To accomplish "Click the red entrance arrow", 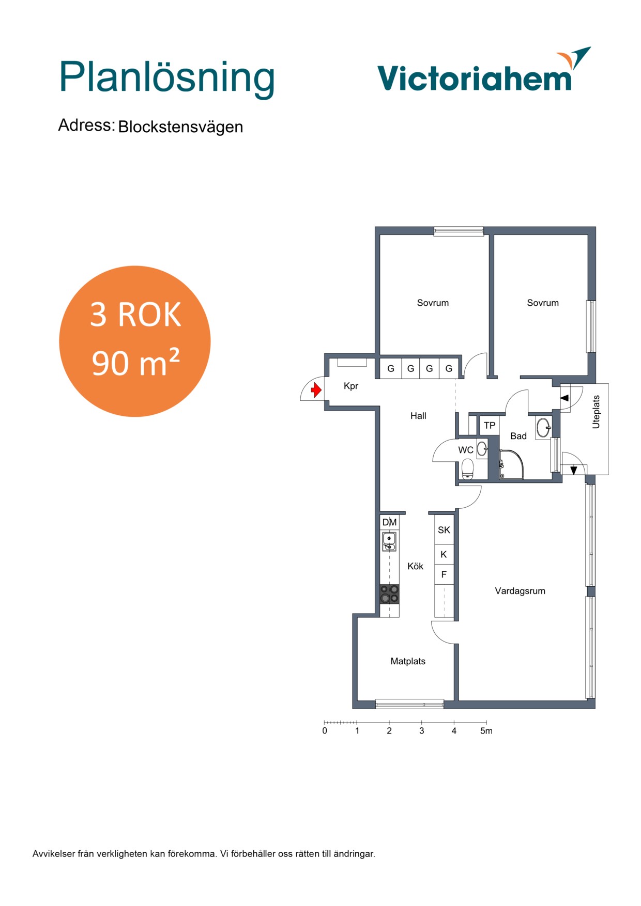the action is pos(316,390).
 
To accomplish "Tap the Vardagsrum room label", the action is pos(520,591).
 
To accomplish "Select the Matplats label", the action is pos(408,661).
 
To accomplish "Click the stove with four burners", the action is pos(389,594).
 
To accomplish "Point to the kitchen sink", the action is pos(389,542).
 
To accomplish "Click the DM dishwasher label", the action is pos(389,522).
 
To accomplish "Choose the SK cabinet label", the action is pos(444,530).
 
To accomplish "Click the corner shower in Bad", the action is pos(512,464).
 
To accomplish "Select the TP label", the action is pos(490,426).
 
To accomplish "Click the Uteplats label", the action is pos(596,412).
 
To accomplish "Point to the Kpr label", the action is pos(351,386).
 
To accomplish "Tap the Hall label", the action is pos(418,416).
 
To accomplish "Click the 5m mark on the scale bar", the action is pos(486,731).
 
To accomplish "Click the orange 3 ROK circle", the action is pos(135,341).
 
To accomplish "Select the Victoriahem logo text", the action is pos(475,78).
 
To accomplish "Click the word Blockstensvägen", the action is pos(180,127).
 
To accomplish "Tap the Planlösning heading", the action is pos(167,79).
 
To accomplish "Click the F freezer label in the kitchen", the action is pos(444,574).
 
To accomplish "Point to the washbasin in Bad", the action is pos(543,428).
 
